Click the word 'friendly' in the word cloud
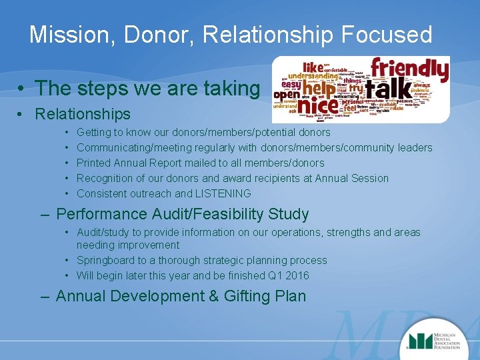point(409,69)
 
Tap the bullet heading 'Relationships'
point(83,114)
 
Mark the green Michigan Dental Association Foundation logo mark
point(420,340)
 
